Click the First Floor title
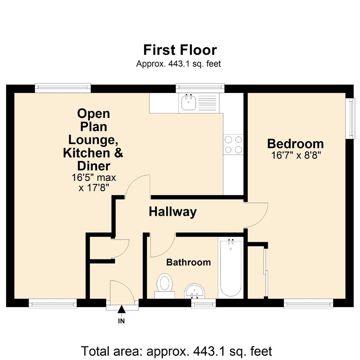click(180, 50)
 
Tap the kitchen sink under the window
click(189, 102)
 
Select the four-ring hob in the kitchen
click(233, 145)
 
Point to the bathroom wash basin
click(195, 291)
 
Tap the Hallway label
click(173, 212)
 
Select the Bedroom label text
click(295, 144)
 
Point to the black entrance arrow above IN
click(122, 310)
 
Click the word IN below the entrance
click(122, 321)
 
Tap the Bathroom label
click(188, 262)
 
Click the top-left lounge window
click(63, 88)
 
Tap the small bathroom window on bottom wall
click(203, 303)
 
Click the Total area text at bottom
click(177, 351)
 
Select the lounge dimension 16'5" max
click(94, 177)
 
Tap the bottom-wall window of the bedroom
click(308, 303)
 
